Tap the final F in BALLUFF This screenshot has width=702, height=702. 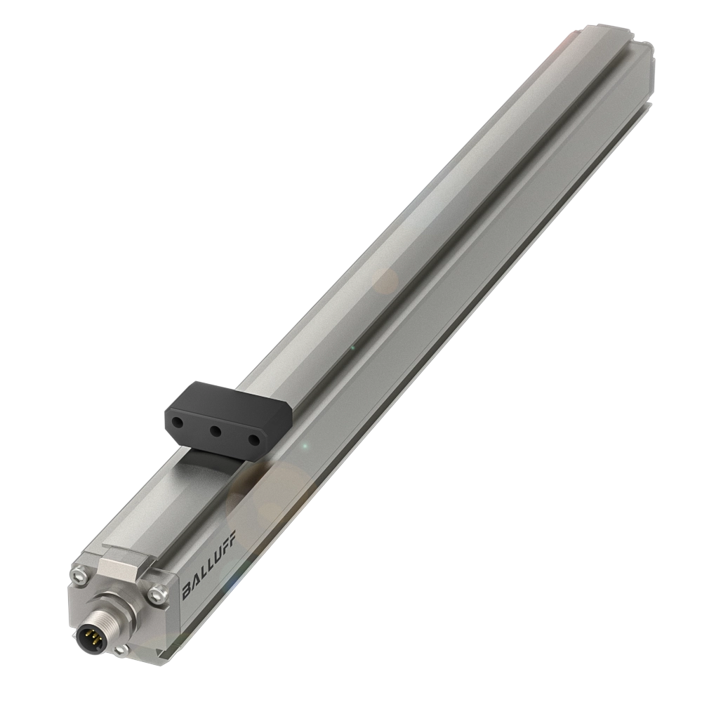[232, 537]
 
